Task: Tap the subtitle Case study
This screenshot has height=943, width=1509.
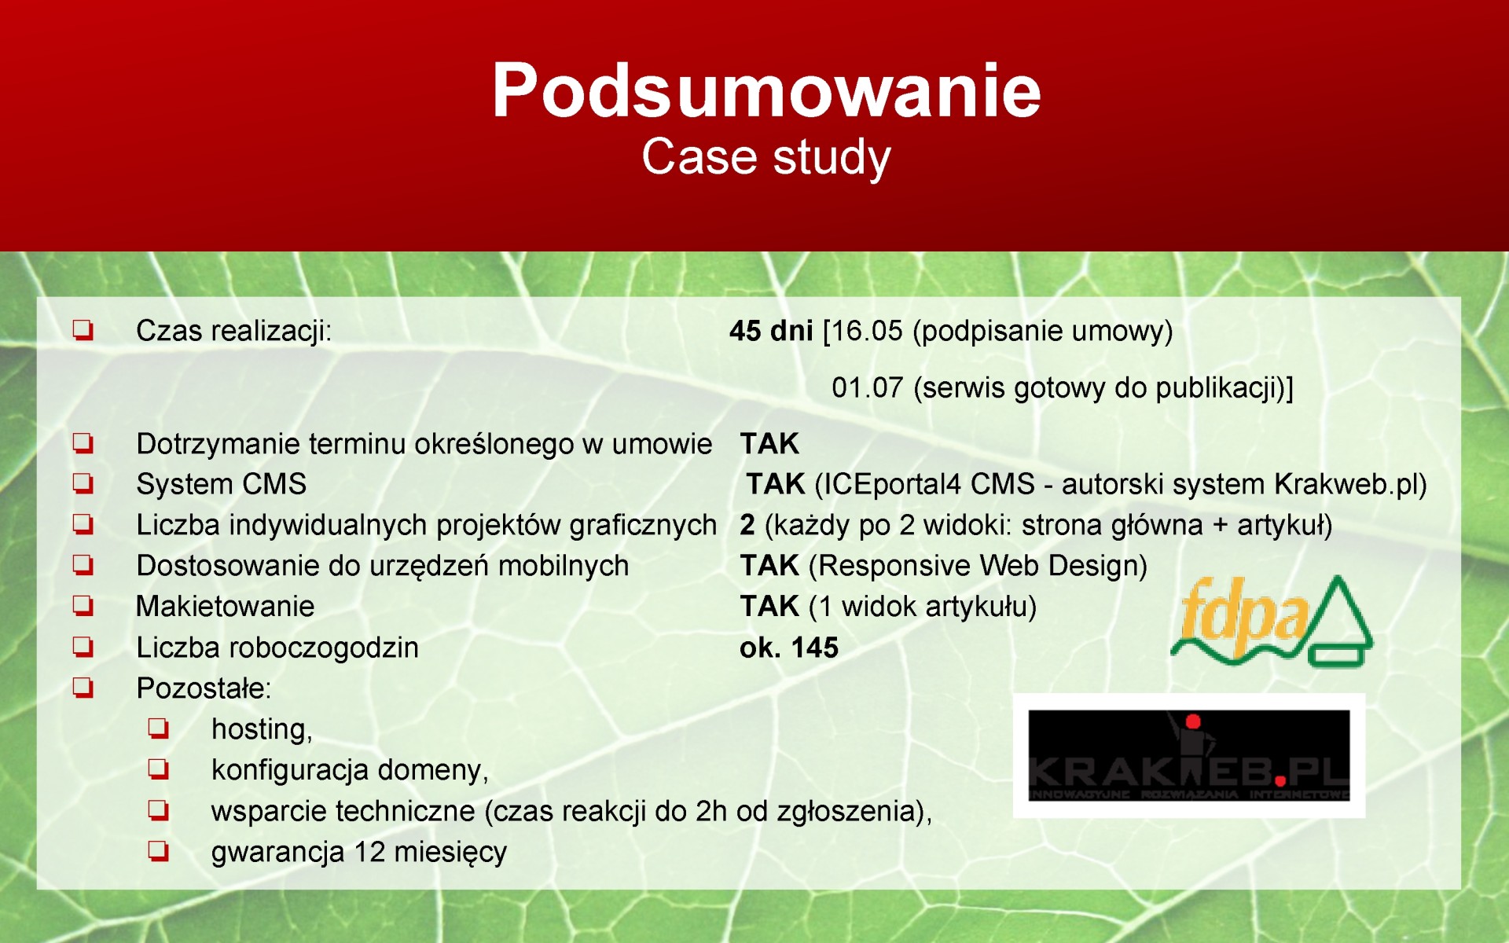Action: pyautogui.click(x=766, y=157)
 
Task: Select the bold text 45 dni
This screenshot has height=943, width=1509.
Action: pyautogui.click(x=771, y=331)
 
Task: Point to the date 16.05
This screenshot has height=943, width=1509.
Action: pyautogui.click(x=868, y=331)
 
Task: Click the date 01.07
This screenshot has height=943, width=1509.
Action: pyautogui.click(x=868, y=387)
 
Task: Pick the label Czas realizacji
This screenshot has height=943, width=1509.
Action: pyautogui.click(x=233, y=332)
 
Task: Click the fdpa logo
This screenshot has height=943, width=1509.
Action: pyautogui.click(x=1272, y=621)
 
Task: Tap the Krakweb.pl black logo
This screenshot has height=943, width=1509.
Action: pyautogui.click(x=1189, y=756)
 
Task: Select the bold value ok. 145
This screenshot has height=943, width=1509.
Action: pyautogui.click(x=789, y=648)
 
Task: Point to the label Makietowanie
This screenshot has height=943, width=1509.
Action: pyautogui.click(x=226, y=607)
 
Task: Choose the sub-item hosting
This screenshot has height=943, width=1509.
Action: pyautogui.click(x=262, y=729)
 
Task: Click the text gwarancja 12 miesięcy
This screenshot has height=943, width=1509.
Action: pyautogui.click(x=359, y=853)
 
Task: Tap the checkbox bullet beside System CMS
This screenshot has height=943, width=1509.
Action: pyautogui.click(x=83, y=484)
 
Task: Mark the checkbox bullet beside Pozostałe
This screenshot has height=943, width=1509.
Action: pyautogui.click(x=83, y=688)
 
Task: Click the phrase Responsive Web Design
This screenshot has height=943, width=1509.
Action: pyautogui.click(x=978, y=566)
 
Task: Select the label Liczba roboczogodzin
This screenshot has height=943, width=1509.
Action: pyautogui.click(x=277, y=648)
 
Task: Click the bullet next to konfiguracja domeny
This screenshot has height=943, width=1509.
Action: pyautogui.click(x=159, y=769)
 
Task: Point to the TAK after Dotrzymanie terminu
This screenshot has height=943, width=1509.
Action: pyautogui.click(x=769, y=444)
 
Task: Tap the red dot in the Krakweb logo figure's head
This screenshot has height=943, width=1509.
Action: pyautogui.click(x=1193, y=721)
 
